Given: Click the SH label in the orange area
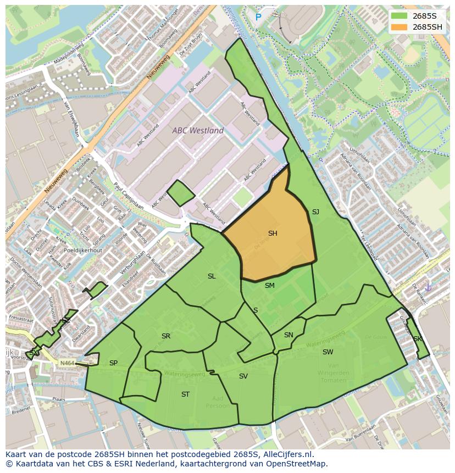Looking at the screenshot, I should pyautogui.click(x=273, y=233).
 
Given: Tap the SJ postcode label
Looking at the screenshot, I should pyautogui.click(x=315, y=212).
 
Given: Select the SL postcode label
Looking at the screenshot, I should pyautogui.click(x=212, y=276).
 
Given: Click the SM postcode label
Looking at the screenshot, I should pyautogui.click(x=269, y=286).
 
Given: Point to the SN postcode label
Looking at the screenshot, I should pyautogui.click(x=288, y=335).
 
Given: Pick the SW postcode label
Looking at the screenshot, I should pyautogui.click(x=328, y=352).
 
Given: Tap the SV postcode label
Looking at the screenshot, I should pyautogui.click(x=243, y=376).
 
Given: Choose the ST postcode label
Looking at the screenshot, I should pyautogui.click(x=185, y=394).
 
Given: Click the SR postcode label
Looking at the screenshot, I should pyautogui.click(x=165, y=336).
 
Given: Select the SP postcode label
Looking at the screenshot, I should pyautogui.click(x=113, y=363).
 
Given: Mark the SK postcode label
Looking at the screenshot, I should pyautogui.click(x=417, y=339).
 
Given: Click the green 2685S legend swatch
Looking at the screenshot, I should pyautogui.click(x=399, y=15).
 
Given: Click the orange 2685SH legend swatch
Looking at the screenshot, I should pyautogui.click(x=399, y=27).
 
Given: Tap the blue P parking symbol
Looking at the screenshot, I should pyautogui.click(x=258, y=18).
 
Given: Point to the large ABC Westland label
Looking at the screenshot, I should pyautogui.click(x=198, y=131).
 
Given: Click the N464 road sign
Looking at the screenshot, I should pyautogui.click(x=67, y=363).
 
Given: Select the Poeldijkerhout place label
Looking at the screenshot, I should pyautogui.click(x=82, y=250).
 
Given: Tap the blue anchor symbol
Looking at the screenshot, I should pyautogui.click(x=428, y=287).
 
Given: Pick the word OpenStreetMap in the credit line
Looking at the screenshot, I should pyautogui.click(x=299, y=464).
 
